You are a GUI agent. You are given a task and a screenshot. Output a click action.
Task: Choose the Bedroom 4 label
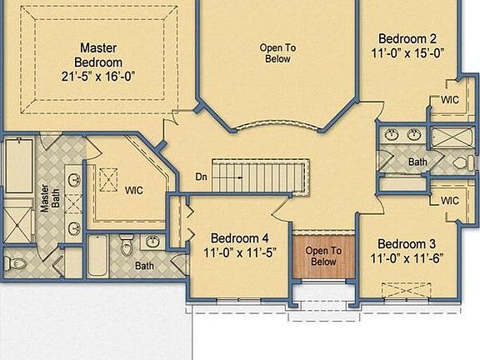click(x=239, y=236)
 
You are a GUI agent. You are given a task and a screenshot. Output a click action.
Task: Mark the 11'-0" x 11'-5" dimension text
click(x=239, y=251)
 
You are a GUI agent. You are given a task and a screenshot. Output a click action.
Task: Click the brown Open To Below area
click(x=323, y=256)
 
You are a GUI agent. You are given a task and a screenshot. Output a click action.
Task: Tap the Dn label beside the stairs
click(x=202, y=177)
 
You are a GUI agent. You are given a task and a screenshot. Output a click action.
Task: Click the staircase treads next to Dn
click(x=258, y=176)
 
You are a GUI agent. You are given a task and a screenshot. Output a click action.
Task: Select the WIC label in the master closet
click(x=134, y=190)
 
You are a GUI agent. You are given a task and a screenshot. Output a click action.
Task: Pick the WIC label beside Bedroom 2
click(x=449, y=101)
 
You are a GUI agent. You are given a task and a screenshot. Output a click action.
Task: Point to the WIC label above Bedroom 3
click(x=449, y=201)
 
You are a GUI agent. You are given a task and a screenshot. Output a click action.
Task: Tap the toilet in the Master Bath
click(x=17, y=264)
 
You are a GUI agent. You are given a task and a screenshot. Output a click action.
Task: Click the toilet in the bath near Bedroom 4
click(x=127, y=247)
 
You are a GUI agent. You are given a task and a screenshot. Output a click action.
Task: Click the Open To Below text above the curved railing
click(x=277, y=52)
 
